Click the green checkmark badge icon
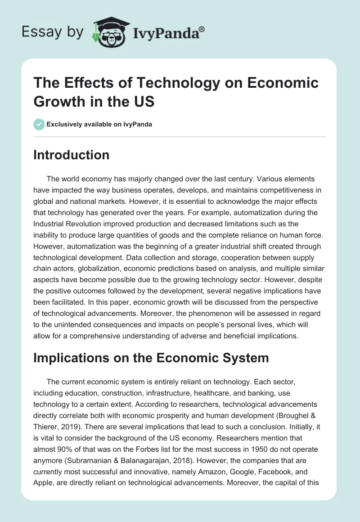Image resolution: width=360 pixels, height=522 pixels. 39,125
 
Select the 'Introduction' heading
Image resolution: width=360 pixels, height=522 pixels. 72,155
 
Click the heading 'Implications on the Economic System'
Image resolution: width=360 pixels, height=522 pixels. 151,358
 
